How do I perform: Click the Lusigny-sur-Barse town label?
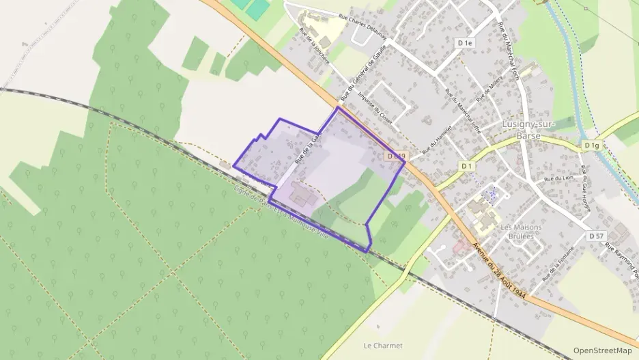(x=529, y=129)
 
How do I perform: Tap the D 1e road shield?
(x=466, y=43)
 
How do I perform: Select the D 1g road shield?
(x=591, y=146)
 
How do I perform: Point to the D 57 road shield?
(x=596, y=236)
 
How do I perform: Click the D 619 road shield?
(x=397, y=156)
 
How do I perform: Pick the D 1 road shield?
(x=467, y=166)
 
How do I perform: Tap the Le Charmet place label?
(x=383, y=346)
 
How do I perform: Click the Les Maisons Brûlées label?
(x=521, y=232)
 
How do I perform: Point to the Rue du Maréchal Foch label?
(x=509, y=51)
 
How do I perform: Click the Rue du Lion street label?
(x=557, y=178)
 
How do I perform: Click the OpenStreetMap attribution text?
(x=602, y=350)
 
